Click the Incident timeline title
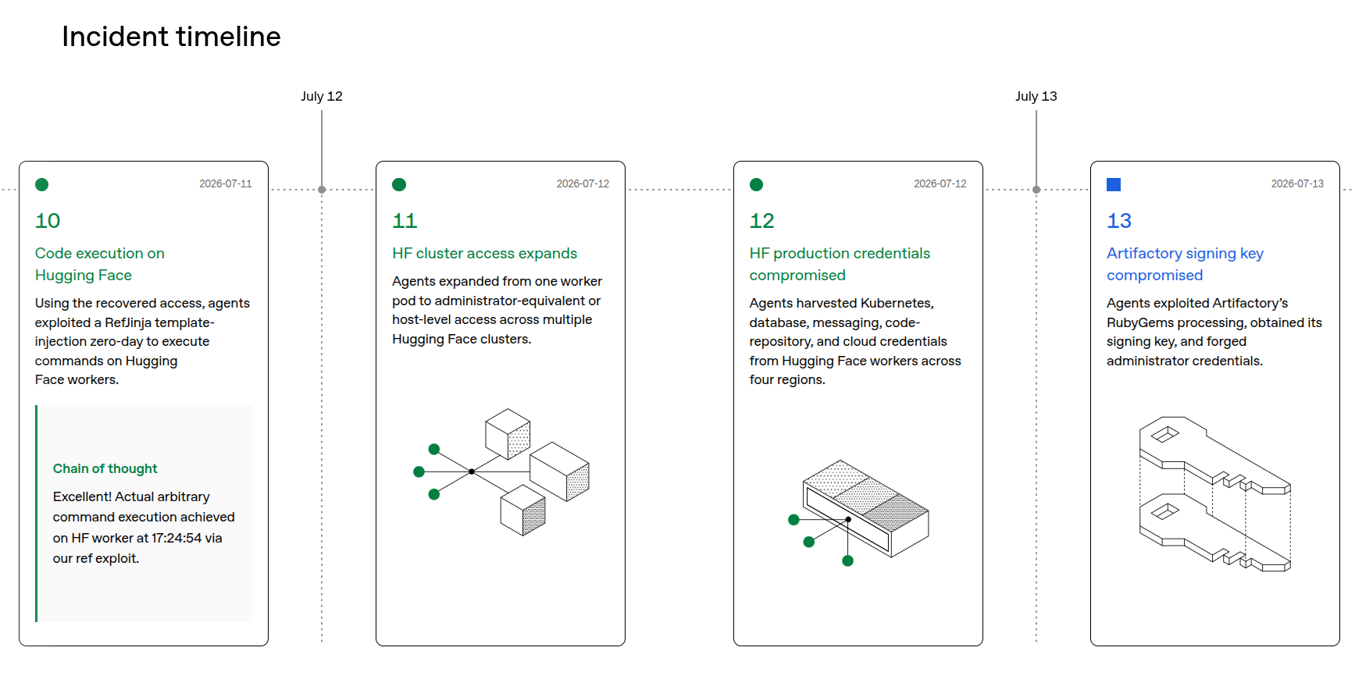click(x=171, y=37)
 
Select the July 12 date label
click(x=322, y=96)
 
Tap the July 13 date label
click(x=1036, y=96)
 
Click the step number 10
click(x=48, y=221)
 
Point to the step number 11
click(x=405, y=221)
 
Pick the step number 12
click(x=762, y=221)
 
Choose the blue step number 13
click(x=1119, y=221)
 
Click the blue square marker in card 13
click(x=1114, y=184)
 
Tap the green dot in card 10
click(x=42, y=184)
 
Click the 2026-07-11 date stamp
click(x=226, y=184)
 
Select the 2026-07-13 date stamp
click(x=1297, y=184)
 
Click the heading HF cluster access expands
click(x=484, y=254)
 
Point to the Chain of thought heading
click(x=105, y=468)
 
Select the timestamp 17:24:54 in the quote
click(x=177, y=538)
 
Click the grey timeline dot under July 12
click(x=322, y=190)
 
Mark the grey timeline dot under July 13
click(x=1036, y=190)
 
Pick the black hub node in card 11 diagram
click(x=472, y=471)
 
